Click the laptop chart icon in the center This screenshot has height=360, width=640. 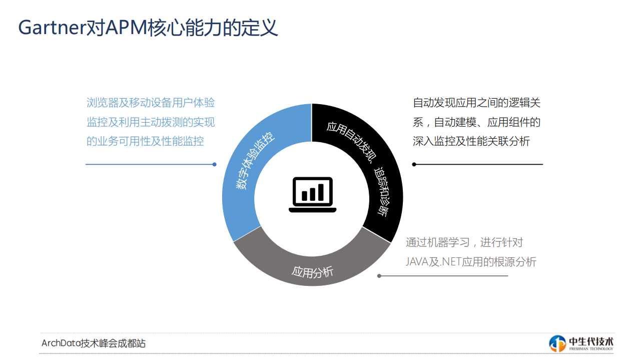312,194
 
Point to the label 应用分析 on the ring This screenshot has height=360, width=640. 312,272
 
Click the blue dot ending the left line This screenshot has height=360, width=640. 214,164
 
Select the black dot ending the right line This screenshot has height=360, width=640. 414,164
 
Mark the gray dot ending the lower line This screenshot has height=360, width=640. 379,276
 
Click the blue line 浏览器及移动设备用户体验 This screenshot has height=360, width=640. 151,103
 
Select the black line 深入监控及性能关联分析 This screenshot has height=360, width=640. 471,142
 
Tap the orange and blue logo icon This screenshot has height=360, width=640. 557,343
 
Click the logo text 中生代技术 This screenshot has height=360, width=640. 591,340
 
